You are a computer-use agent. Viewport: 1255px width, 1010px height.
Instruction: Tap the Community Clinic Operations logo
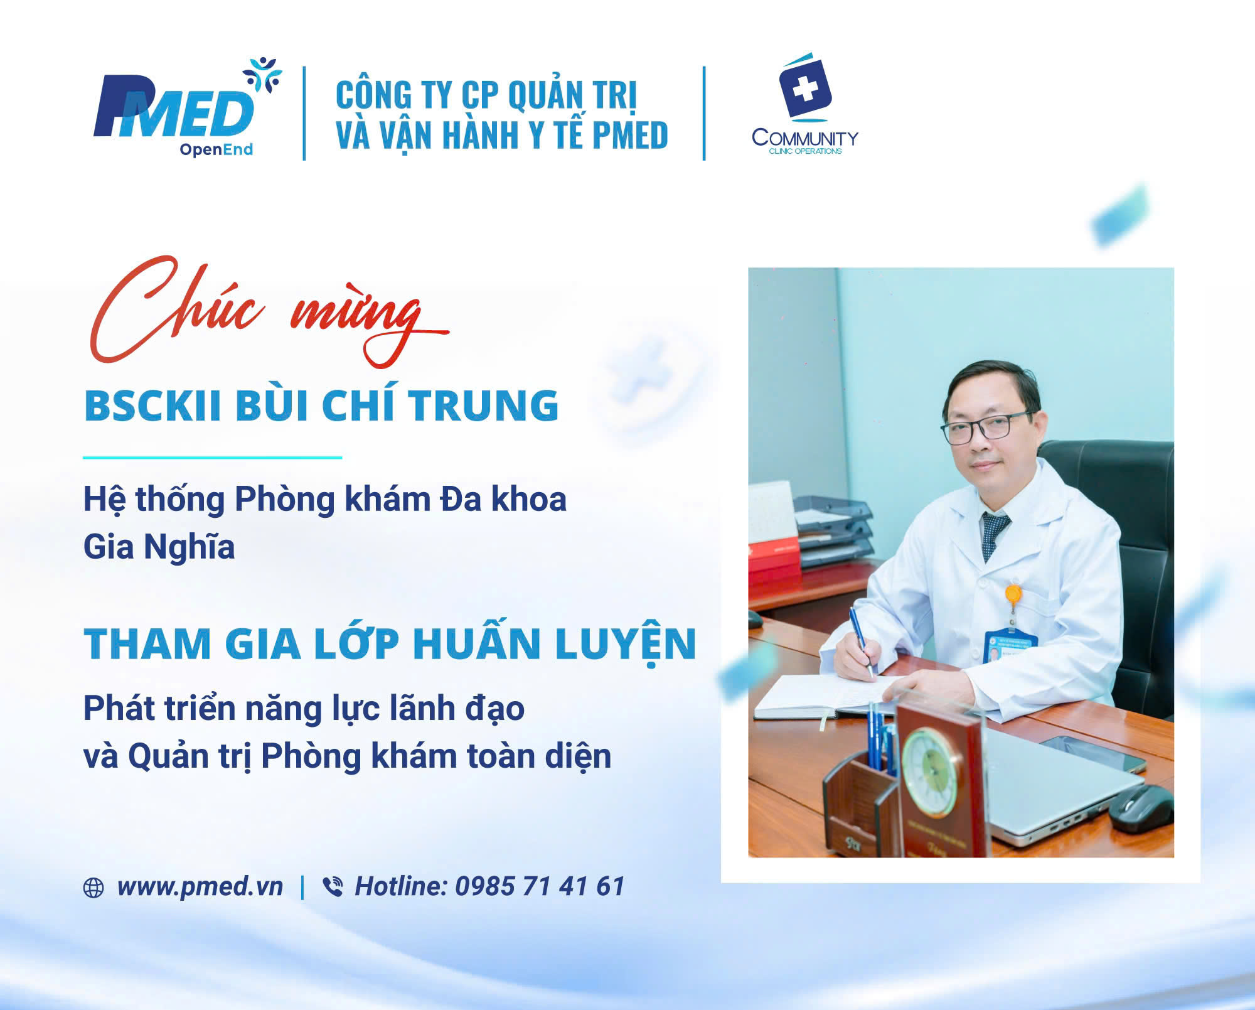(x=805, y=104)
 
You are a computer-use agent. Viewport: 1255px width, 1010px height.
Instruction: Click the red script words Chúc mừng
(x=269, y=311)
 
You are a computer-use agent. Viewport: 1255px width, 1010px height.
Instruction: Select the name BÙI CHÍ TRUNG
(x=397, y=405)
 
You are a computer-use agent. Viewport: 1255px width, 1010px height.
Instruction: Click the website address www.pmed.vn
(x=200, y=886)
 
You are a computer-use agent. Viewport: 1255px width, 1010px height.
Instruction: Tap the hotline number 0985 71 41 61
(x=540, y=886)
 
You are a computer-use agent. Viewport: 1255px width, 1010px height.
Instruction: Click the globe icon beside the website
(x=93, y=888)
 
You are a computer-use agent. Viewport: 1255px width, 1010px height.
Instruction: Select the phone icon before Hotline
(x=333, y=887)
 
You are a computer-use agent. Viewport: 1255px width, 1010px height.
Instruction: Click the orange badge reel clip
(x=1013, y=594)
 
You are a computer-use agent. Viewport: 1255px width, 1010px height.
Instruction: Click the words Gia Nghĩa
(x=159, y=547)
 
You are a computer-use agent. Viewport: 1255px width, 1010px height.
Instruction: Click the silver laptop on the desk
(x=1060, y=785)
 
